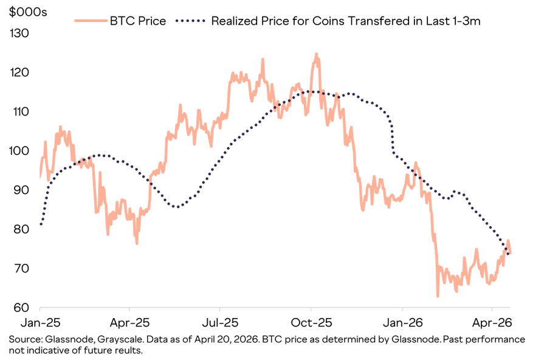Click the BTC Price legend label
137,21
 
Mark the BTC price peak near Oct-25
316,54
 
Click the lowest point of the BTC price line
438,296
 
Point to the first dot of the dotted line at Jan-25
41,224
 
